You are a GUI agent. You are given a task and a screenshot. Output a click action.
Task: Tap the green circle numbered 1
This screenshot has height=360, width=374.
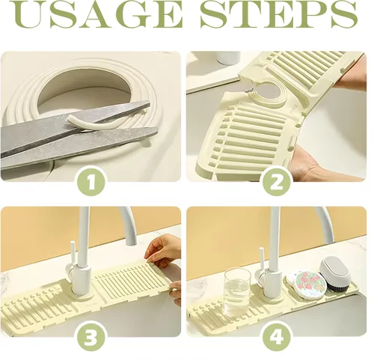(91, 181)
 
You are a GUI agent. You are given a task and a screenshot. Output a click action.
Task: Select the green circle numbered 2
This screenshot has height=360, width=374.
(277, 181)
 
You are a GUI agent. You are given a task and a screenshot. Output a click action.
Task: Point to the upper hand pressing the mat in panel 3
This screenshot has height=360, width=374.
(162, 248)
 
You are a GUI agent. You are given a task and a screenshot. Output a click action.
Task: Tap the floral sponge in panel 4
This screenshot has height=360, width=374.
(304, 283)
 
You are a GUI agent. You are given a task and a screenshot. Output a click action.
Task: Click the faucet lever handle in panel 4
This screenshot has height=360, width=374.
(262, 260)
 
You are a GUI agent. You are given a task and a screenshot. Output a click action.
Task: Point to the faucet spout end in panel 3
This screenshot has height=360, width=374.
(131, 242)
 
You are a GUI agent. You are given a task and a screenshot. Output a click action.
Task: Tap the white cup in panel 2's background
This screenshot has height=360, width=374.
(229, 58)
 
